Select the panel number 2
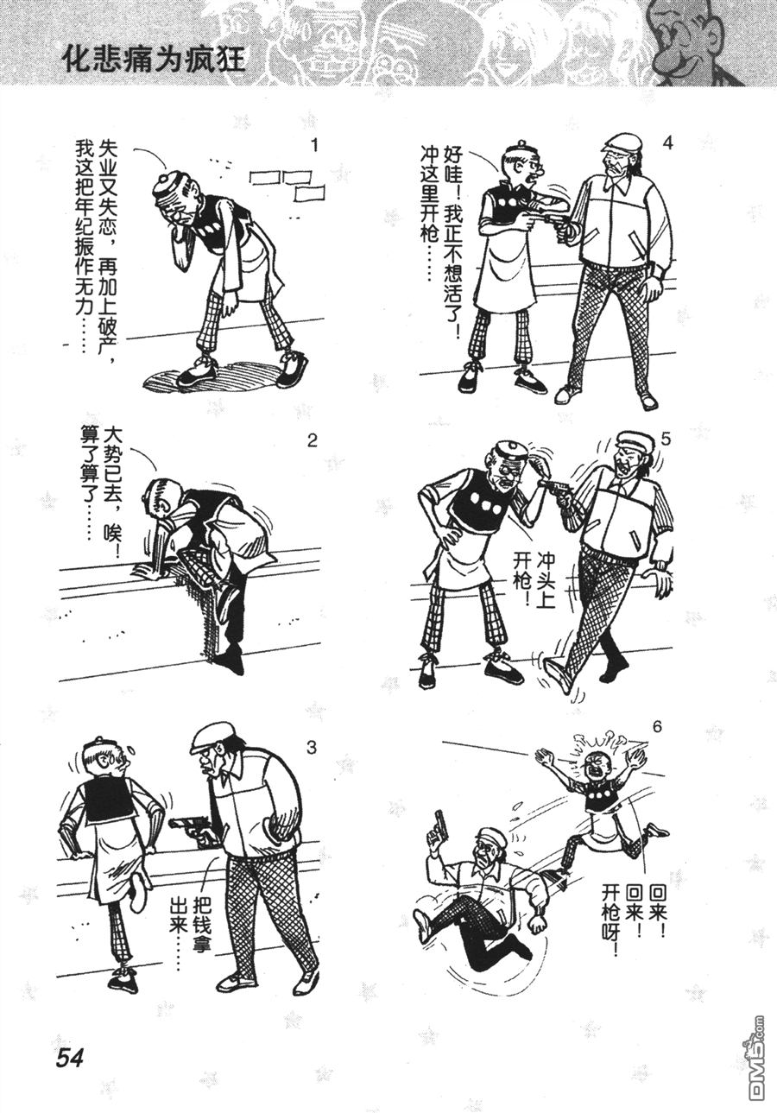pyautogui.click(x=312, y=440)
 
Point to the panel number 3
pyautogui.click(x=311, y=747)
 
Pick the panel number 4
pyautogui.click(x=667, y=143)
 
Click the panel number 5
pyautogui.click(x=666, y=440)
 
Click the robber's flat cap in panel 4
pyautogui.click(x=621, y=142)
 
